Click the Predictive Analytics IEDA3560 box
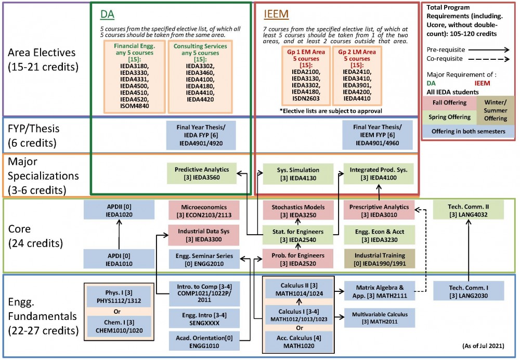pos(202,173)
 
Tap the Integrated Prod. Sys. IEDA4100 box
pos(378,173)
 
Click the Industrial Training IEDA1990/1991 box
pos(378,259)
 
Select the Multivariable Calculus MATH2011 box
pos(378,318)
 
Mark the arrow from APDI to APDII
pos(119,234)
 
